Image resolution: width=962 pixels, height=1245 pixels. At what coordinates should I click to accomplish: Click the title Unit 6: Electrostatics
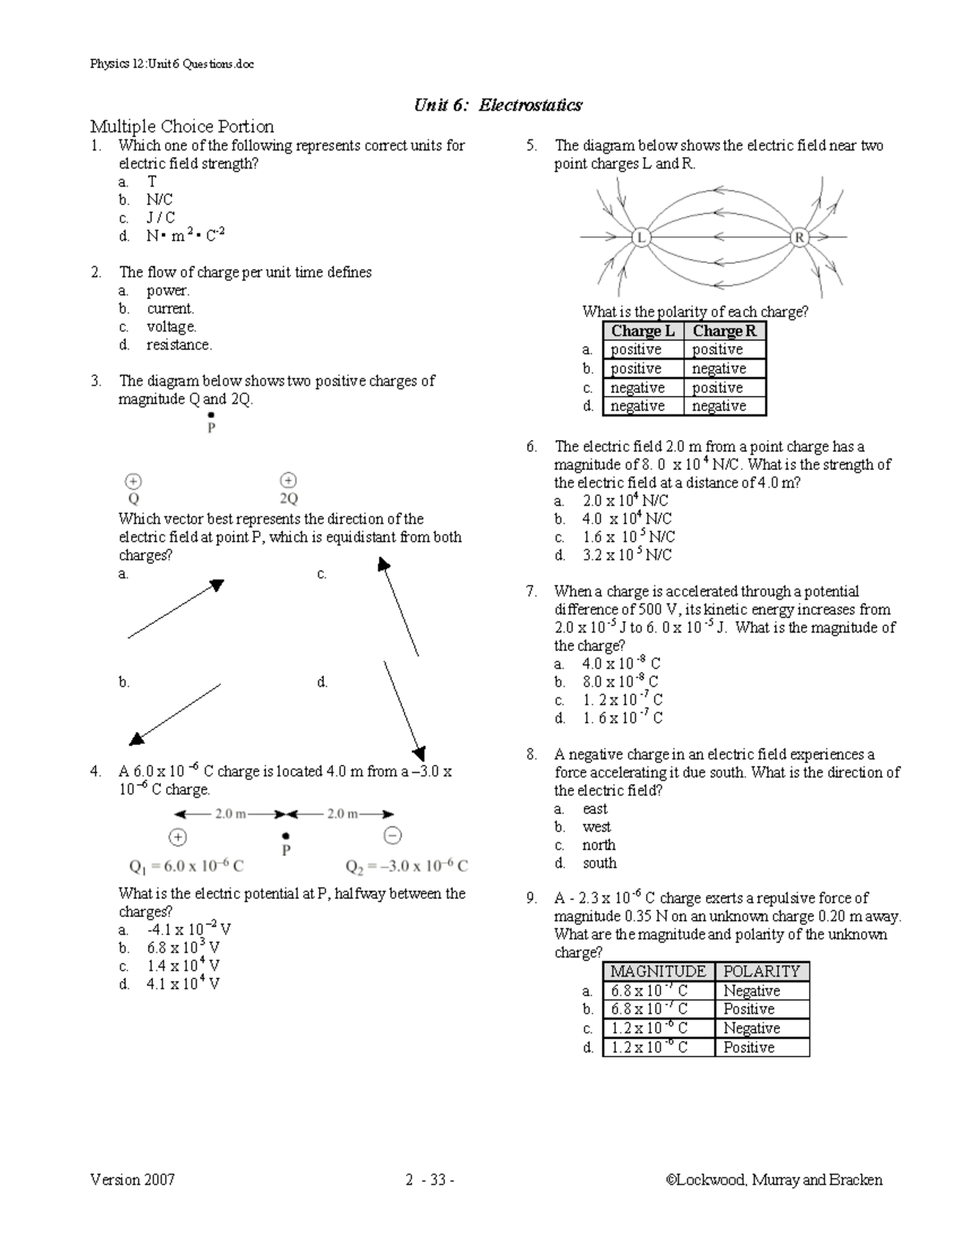pos(498,105)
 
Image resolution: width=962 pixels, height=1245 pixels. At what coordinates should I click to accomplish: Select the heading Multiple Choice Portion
pos(182,127)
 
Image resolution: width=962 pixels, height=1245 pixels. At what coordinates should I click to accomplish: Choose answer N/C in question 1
pos(159,200)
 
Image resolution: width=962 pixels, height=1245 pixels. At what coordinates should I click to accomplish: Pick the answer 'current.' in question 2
pos(170,309)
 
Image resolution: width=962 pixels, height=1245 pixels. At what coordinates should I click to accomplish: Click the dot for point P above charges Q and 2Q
pos(211,414)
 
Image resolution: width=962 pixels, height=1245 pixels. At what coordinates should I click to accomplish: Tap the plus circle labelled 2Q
pos(288,480)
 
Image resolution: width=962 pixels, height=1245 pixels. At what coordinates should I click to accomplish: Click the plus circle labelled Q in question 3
pos(133,481)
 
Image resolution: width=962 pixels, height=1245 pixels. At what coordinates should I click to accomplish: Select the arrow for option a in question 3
pos(176,609)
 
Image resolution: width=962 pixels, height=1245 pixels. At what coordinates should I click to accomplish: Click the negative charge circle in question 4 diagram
pos(392,835)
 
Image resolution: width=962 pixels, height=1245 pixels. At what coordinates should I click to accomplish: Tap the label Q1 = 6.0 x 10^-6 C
pos(186,866)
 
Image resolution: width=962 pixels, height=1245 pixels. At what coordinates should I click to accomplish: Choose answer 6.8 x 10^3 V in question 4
pos(183,948)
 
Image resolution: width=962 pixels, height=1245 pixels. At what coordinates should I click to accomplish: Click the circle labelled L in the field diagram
pos(641,237)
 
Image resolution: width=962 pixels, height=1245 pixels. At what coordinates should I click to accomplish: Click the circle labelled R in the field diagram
pos(799,237)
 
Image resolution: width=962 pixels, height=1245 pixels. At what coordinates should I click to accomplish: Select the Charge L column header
pos(643,331)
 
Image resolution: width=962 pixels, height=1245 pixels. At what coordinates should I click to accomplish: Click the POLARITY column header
pos(762,971)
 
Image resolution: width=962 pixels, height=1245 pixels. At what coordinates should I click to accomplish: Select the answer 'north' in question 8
pos(599,845)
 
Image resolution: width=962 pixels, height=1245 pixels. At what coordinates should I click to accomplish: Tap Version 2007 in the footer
pos(132,1179)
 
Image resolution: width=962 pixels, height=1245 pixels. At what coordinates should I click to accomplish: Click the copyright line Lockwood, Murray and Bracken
pos(774,1179)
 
